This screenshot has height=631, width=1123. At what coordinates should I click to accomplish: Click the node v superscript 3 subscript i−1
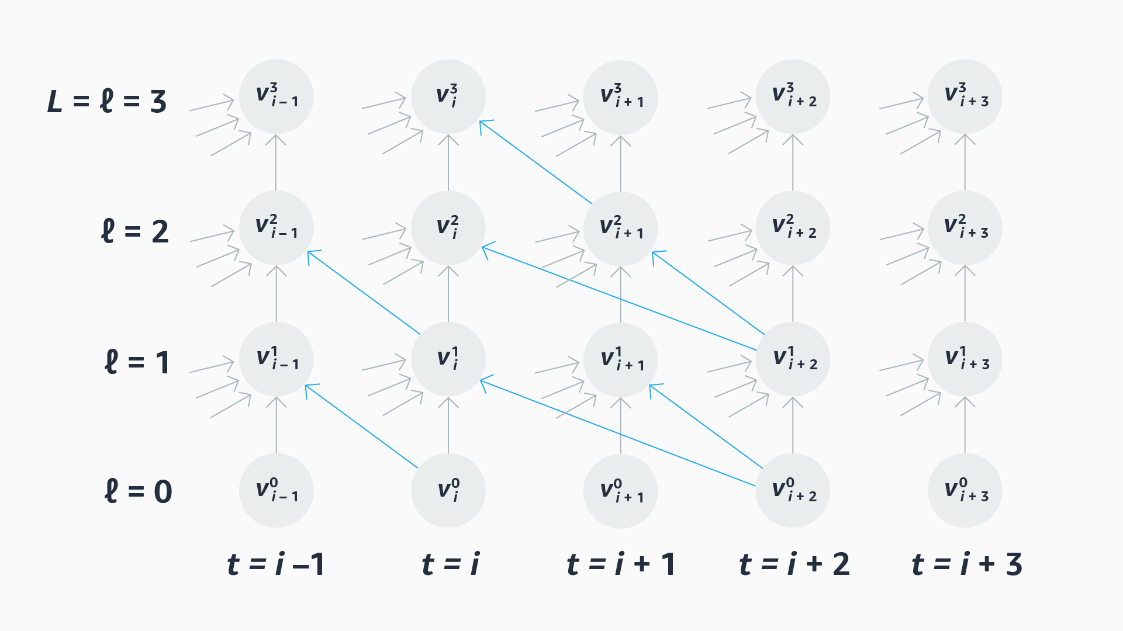[276, 96]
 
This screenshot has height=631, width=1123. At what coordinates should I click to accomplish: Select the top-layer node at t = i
[448, 96]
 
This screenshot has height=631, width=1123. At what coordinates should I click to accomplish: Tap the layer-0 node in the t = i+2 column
[793, 490]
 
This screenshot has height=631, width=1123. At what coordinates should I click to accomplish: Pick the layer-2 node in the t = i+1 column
[621, 228]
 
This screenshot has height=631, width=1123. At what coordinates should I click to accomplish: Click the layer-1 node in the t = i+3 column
[965, 359]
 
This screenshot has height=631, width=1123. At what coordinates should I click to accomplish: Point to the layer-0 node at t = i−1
[276, 490]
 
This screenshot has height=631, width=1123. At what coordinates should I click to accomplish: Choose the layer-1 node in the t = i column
[448, 359]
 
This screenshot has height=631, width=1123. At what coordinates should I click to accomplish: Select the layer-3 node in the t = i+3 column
[965, 96]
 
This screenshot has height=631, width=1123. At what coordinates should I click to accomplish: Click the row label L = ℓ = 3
[107, 101]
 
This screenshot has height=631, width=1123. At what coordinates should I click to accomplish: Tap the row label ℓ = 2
[135, 232]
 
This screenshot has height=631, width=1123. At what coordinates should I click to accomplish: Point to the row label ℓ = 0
[138, 491]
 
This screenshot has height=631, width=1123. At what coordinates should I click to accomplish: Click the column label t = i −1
[275, 564]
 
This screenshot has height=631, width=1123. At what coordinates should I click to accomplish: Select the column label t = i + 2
[794, 564]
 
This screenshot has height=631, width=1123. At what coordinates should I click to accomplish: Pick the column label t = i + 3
[966, 564]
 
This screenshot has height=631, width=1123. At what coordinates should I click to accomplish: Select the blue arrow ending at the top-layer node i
[535, 162]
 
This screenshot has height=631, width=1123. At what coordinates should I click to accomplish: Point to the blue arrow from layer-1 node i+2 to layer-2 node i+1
[709, 293]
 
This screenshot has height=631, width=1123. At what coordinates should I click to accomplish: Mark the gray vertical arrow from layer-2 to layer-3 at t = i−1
[276, 163]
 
